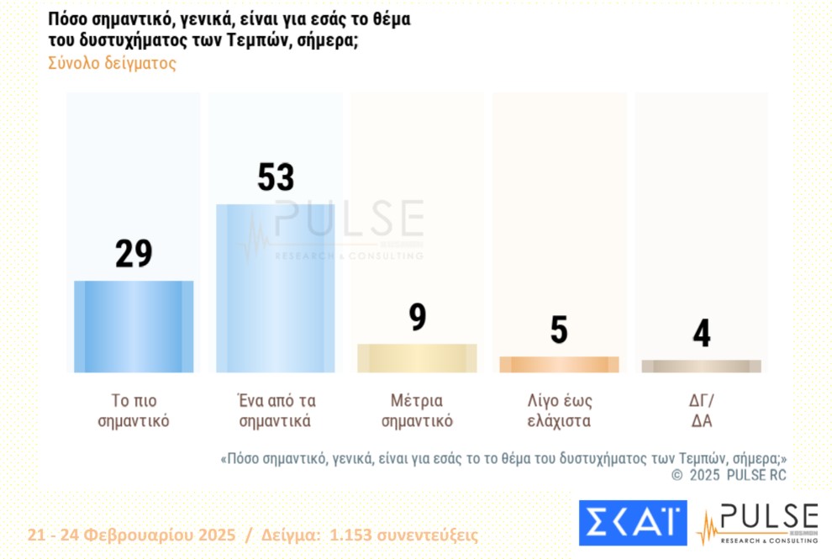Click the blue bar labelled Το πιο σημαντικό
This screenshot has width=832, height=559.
[134, 326]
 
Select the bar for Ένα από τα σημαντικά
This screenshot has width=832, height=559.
[276, 288]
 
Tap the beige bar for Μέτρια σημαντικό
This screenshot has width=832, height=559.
[417, 358]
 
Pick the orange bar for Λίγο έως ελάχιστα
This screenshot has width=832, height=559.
[559, 365]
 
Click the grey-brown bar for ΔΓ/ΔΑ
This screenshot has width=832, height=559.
[701, 367]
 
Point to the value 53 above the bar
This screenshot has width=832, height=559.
[276, 177]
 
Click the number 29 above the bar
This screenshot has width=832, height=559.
[134, 254]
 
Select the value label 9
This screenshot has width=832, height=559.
[418, 318]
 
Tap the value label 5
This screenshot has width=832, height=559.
[559, 330]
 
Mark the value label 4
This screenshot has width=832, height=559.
[701, 334]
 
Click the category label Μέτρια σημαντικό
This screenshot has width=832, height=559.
[417, 410]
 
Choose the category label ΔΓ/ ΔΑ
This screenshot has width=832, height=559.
[701, 410]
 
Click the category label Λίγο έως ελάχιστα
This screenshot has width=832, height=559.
[559, 410]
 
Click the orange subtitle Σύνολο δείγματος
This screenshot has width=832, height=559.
[113, 64]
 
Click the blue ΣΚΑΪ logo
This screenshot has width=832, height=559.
[632, 522]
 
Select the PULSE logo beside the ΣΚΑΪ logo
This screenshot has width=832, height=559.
[758, 522]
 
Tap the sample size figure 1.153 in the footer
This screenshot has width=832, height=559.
[351, 535]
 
